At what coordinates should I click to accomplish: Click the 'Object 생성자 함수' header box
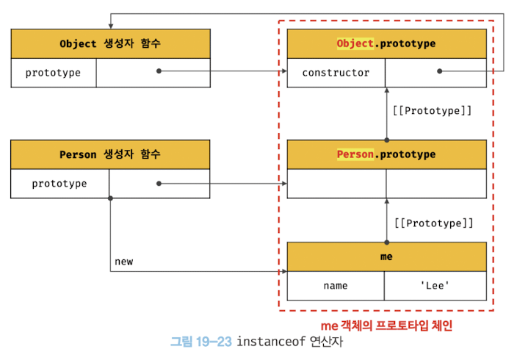[x=110, y=44]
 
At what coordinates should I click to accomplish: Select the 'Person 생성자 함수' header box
[x=110, y=154]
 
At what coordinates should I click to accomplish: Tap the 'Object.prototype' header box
[x=386, y=44]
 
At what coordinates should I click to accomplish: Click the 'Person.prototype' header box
[x=386, y=154]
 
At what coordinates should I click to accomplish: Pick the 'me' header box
[x=386, y=257]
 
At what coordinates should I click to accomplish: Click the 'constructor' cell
[x=336, y=73]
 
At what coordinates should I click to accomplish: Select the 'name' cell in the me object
[x=335, y=286]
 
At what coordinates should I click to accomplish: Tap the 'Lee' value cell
[x=435, y=286]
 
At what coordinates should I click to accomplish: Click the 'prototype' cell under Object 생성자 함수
[x=53, y=73]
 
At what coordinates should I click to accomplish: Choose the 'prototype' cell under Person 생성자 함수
[x=59, y=184]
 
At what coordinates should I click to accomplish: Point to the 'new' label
[x=124, y=262]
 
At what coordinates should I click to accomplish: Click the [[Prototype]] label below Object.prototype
[x=432, y=112]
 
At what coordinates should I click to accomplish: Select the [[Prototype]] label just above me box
[x=432, y=223]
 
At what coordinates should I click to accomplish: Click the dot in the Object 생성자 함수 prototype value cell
[x=159, y=71]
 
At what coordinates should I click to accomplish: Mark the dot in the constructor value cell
[x=439, y=71]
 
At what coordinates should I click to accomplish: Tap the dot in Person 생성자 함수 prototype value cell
[x=159, y=184]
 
